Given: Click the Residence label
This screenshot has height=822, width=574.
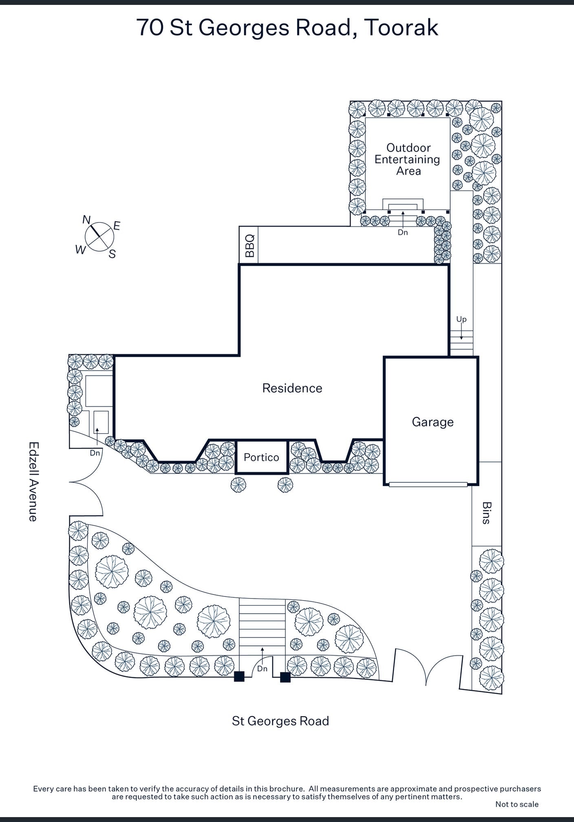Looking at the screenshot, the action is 292,388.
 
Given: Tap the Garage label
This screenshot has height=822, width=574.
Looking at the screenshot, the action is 433,422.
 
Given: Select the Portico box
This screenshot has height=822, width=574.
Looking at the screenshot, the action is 262,457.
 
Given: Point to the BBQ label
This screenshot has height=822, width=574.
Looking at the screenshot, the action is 249,245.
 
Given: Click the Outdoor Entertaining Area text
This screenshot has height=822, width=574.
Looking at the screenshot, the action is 408,159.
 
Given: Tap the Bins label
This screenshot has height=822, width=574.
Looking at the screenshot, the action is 486,513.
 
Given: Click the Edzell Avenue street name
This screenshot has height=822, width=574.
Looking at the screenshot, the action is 33,482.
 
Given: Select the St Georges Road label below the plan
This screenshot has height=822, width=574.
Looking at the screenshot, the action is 280,721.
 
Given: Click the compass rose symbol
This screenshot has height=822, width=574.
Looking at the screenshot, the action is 99,236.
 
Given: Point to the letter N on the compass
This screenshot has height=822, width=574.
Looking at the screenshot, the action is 86,220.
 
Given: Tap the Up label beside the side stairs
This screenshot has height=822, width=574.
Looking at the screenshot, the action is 461,319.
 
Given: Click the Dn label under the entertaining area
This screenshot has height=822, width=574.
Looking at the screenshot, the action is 403,232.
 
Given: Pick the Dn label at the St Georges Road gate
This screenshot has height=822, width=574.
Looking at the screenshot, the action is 262,669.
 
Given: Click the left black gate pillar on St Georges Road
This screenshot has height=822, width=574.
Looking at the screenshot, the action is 239,677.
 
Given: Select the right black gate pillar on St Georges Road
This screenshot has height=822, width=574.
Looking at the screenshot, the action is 285,677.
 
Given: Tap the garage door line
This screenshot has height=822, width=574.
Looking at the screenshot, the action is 428,484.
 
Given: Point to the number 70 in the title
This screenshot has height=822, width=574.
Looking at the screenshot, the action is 150,28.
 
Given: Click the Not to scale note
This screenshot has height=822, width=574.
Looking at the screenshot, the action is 517,804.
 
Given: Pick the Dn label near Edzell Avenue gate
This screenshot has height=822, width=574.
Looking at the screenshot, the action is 95,453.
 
